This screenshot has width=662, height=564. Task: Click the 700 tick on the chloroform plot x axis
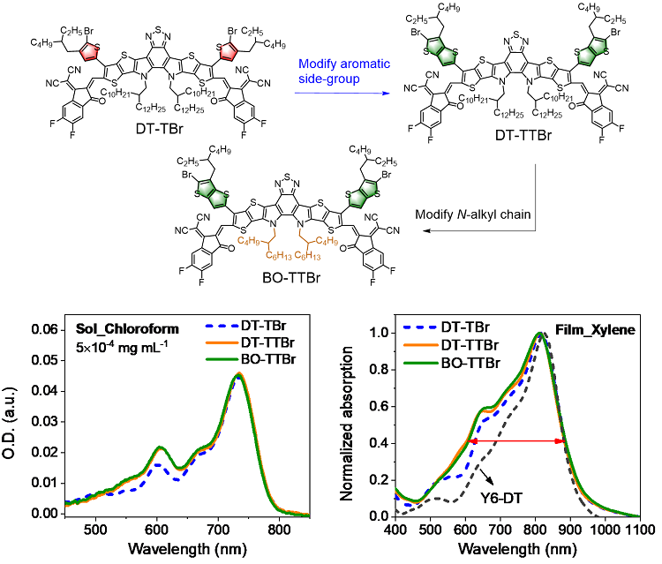pos(218,530)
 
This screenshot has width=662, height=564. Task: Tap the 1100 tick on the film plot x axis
pos(640,530)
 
